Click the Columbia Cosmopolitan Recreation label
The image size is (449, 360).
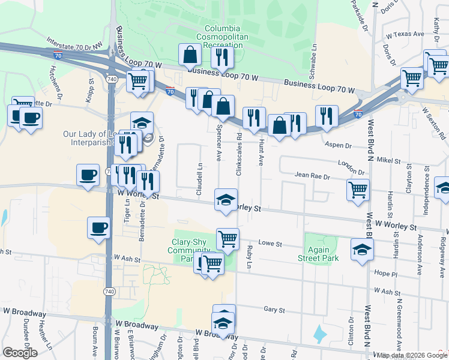click(x=222, y=37)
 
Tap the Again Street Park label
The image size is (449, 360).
click(x=318, y=254)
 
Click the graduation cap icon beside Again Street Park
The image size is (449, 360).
click(x=362, y=250)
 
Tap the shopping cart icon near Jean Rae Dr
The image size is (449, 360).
click(x=358, y=190)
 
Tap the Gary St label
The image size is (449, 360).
click(x=274, y=310)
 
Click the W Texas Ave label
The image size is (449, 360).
click(x=406, y=35)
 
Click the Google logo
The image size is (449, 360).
click(x=20, y=353)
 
